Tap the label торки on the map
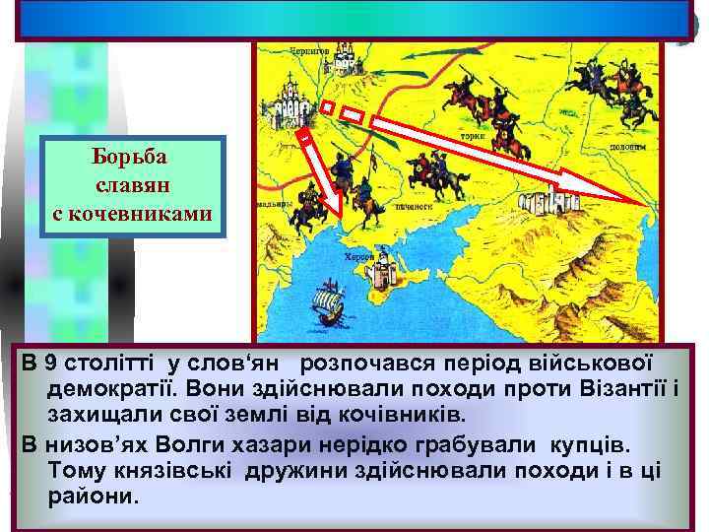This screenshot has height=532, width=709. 473,136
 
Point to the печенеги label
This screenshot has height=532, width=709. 415,208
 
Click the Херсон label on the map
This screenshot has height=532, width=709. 357,255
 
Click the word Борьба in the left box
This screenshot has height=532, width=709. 133,158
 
